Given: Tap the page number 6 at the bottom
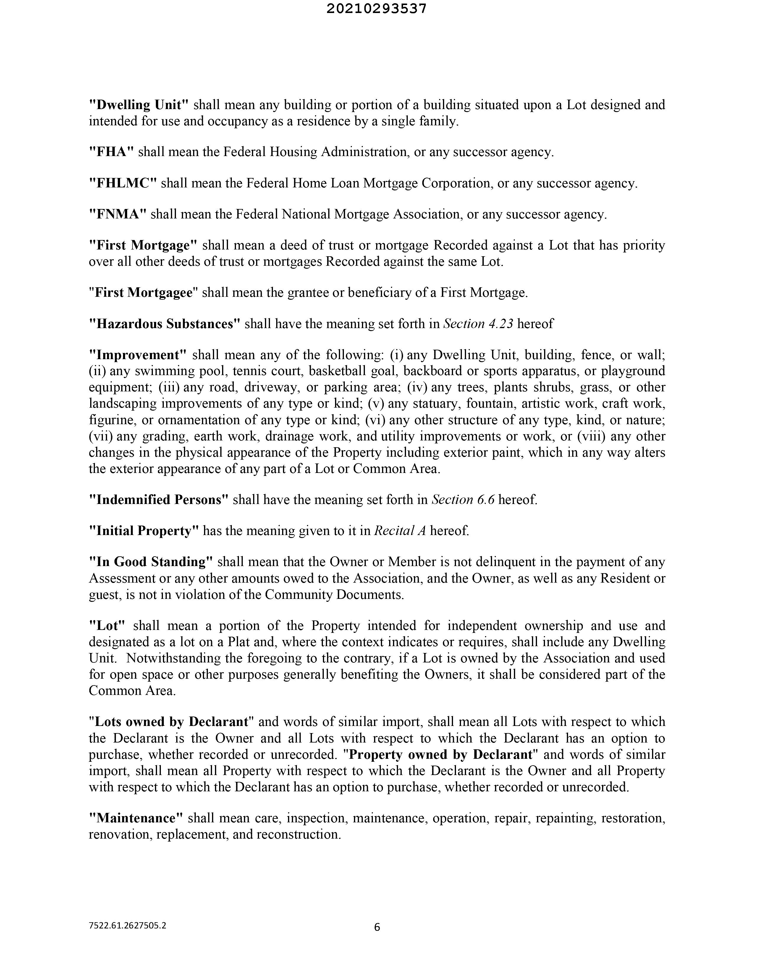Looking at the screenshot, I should pyautogui.click(x=377, y=927).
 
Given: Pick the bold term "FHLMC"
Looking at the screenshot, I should pyautogui.click(x=123, y=183).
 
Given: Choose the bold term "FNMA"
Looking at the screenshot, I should pyautogui.click(x=118, y=214).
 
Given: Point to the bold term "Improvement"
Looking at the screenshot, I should pyautogui.click(x=138, y=355).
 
